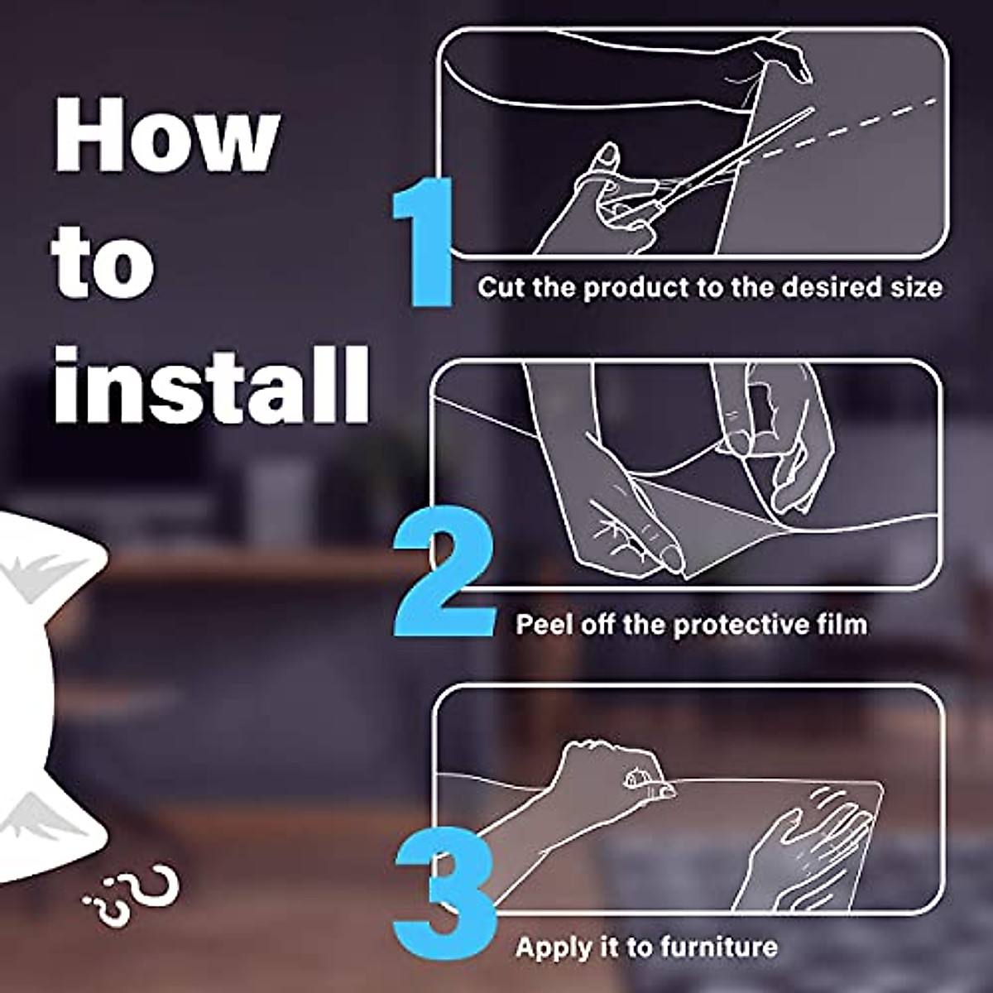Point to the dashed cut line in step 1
(852, 128)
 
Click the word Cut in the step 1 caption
(501, 287)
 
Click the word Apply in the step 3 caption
(551, 947)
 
